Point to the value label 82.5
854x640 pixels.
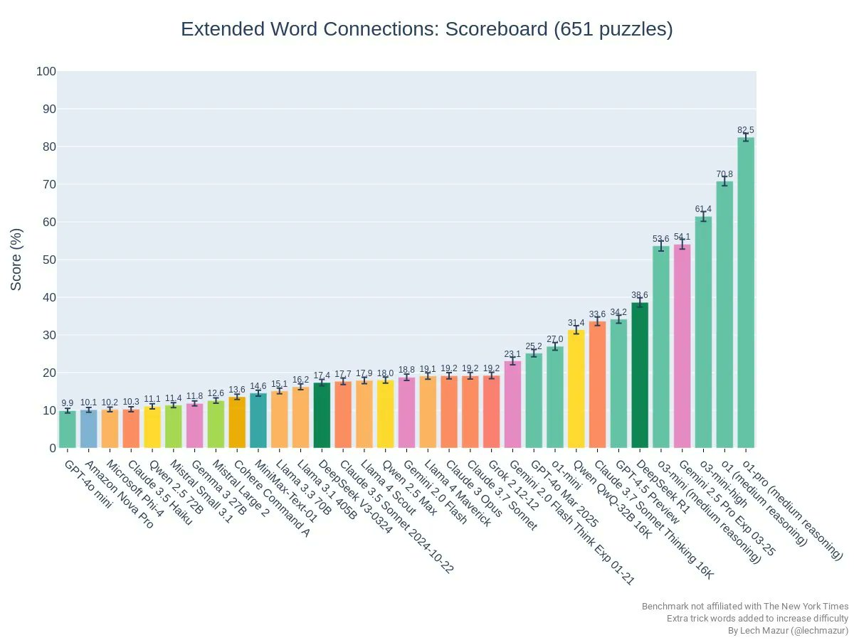pyautogui.click(x=746, y=129)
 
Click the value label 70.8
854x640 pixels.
pyautogui.click(x=724, y=174)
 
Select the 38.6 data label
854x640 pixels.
pyautogui.click(x=640, y=294)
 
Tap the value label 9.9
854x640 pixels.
pyautogui.click(x=67, y=402)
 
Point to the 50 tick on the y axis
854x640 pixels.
pyautogui.click(x=48, y=260)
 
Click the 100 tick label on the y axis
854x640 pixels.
pyautogui.click(x=46, y=71)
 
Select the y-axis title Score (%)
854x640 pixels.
pyautogui.click(x=16, y=259)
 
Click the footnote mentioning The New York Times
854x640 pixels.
pyautogui.click(x=744, y=607)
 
